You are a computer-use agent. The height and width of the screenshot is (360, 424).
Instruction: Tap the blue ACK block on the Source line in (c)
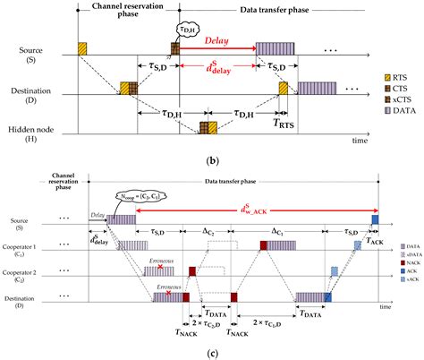(376, 219)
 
